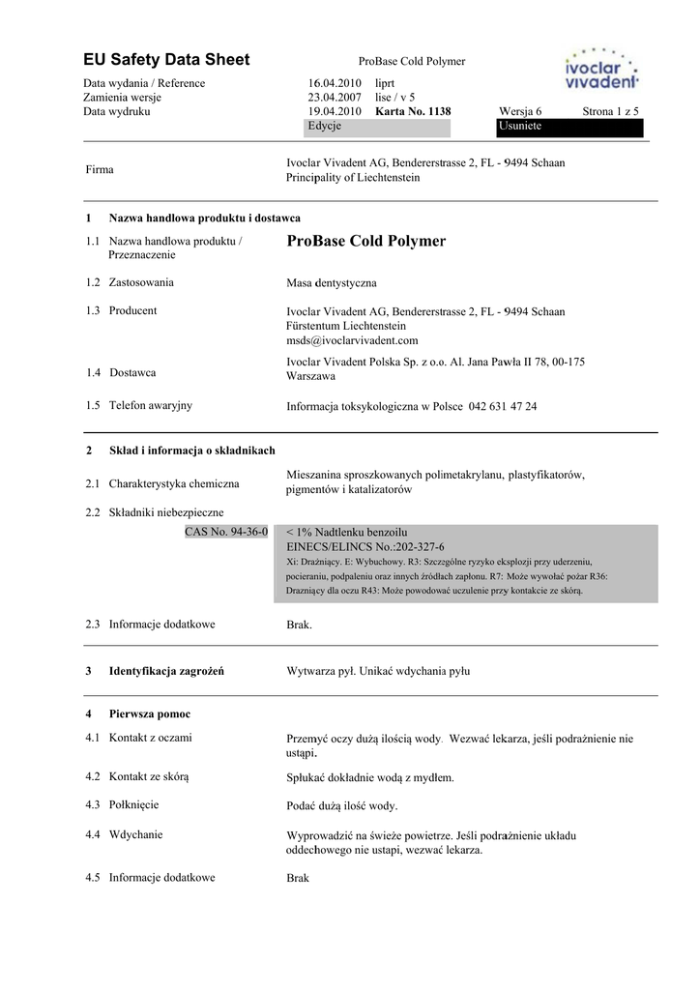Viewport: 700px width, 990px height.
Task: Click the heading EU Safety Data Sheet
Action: click(166, 60)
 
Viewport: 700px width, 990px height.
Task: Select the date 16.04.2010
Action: click(335, 83)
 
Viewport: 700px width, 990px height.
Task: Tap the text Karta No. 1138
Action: click(413, 111)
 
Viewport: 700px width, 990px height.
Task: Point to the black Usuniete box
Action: click(569, 127)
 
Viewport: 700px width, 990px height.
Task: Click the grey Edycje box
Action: click(378, 127)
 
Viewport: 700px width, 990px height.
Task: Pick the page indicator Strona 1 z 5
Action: click(610, 111)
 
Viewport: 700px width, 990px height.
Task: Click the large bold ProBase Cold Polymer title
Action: click(366, 241)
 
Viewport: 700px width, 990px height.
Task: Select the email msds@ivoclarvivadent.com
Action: click(352, 340)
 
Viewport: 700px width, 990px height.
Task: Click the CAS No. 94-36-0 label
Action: click(225, 532)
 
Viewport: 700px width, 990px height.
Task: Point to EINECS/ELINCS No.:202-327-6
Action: click(365, 546)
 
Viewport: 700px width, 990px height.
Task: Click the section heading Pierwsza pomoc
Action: click(150, 713)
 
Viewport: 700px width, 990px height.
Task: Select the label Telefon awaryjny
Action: click(150, 405)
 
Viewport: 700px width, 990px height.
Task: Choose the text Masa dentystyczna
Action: click(332, 283)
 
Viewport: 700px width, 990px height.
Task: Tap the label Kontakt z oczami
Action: click(150, 738)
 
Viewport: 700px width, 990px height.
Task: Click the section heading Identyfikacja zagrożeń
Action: click(166, 670)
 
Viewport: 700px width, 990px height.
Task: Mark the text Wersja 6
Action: click(520, 111)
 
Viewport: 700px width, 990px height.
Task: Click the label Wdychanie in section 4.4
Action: click(135, 834)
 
